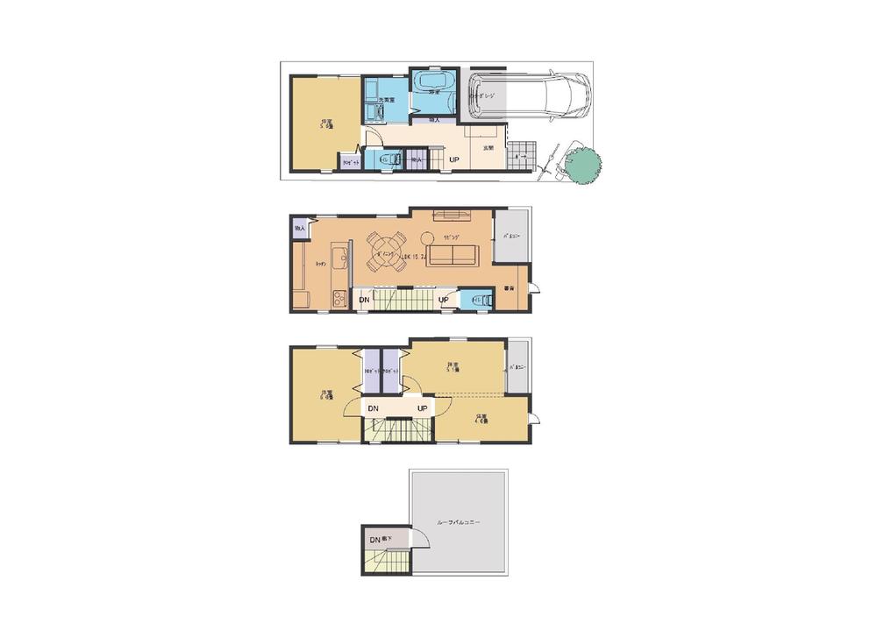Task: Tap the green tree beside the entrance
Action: [x=583, y=166]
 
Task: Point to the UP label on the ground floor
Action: [x=455, y=159]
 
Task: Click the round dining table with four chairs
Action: [x=383, y=252]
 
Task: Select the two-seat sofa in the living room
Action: [x=452, y=255]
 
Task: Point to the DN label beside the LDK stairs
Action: [x=364, y=301]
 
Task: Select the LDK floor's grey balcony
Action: [x=510, y=235]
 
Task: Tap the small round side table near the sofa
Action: [x=427, y=237]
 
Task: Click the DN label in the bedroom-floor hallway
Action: [x=372, y=408]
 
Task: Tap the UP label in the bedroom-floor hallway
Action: [x=423, y=408]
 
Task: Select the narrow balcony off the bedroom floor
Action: [x=517, y=367]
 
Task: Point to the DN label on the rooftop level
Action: [x=374, y=539]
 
